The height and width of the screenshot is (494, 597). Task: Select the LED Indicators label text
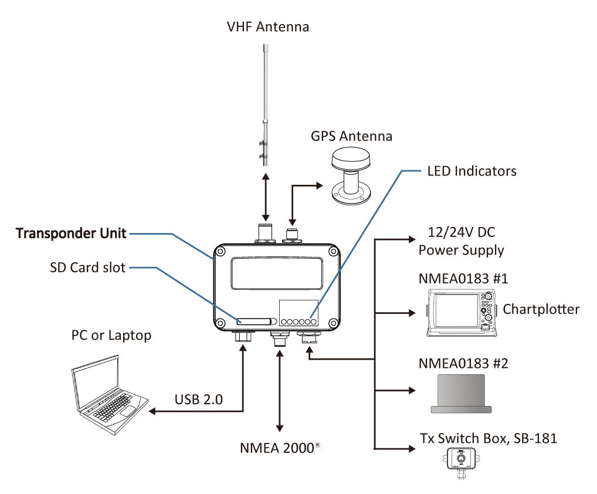471,171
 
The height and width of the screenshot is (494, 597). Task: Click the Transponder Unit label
71,234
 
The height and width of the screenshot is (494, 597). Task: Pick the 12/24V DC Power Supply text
461,242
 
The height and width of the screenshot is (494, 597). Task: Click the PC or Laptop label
111,336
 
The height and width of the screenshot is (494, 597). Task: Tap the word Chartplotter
541,309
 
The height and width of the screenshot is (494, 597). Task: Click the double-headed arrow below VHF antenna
267,197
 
